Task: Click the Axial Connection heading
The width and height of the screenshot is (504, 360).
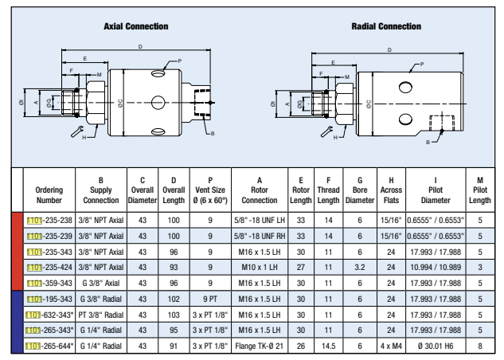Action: [135, 26]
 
